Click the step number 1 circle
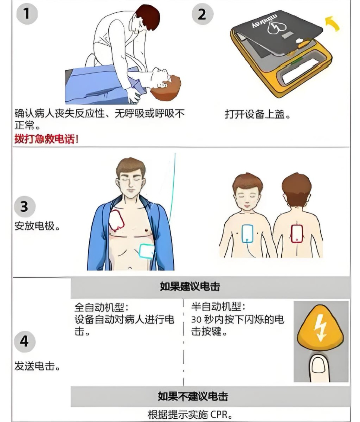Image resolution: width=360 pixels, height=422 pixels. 27,14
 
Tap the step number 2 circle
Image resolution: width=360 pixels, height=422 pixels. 202,14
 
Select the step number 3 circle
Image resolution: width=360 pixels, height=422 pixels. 24,207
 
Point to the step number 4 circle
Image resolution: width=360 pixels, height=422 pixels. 24,342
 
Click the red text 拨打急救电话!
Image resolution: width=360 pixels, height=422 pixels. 47,139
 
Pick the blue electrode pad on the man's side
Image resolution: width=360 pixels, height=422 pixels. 146,251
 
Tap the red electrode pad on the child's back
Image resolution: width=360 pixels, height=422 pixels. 297,233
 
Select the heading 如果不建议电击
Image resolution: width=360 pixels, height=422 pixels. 193,396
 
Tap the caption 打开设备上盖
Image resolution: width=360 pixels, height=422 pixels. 257,115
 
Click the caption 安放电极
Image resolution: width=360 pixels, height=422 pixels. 37,226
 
